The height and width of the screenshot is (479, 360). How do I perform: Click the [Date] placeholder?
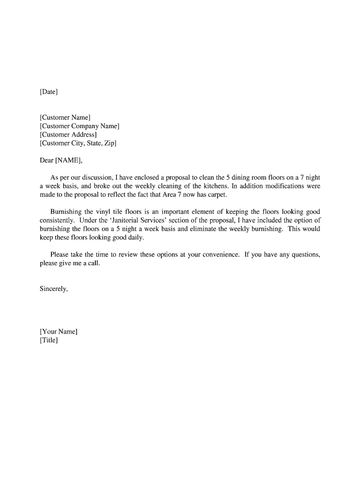[x=49, y=92]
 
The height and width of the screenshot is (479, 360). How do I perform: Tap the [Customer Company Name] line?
[x=79, y=126]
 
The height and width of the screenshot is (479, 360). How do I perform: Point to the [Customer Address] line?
[x=68, y=135]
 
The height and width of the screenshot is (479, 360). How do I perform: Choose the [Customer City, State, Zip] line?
[x=78, y=143]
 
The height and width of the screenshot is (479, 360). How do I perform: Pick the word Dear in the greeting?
[x=47, y=160]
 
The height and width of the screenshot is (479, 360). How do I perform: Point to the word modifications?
[x=274, y=186]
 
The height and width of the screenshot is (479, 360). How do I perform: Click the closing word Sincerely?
[x=54, y=289]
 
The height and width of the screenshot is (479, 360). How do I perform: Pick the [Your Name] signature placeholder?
[x=59, y=332]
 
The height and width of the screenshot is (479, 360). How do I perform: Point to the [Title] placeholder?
[x=49, y=341]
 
